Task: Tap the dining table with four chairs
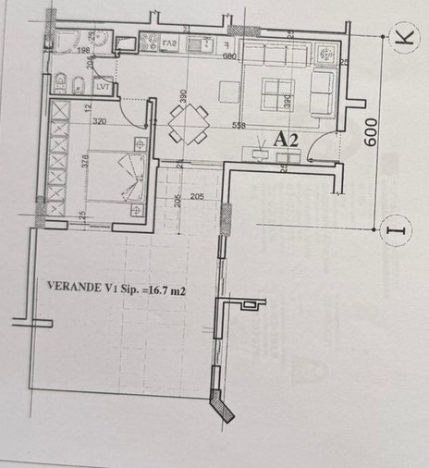point(190,122)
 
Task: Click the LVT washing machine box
point(102,88)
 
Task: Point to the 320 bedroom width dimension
point(101,120)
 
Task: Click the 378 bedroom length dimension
point(84,161)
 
